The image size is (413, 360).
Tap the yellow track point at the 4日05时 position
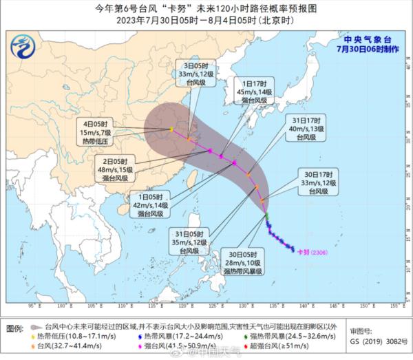coord(171,128)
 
